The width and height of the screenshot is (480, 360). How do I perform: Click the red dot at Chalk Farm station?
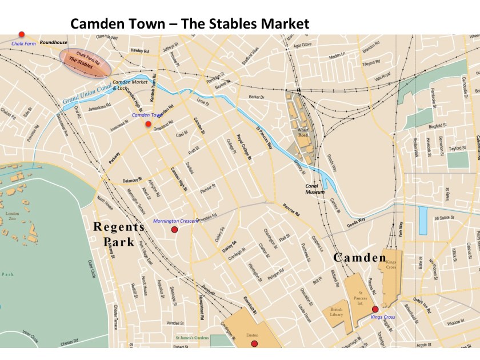point(22,34)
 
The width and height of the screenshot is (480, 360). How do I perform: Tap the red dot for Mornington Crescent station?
point(175,230)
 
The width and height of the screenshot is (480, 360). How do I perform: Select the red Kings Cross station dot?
point(375,309)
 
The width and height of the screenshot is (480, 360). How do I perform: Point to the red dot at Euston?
point(254,343)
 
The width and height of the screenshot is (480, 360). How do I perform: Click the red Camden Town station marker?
point(148,124)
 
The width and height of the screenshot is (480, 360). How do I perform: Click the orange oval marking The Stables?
point(85,61)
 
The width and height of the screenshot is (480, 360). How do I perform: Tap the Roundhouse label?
point(53,42)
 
